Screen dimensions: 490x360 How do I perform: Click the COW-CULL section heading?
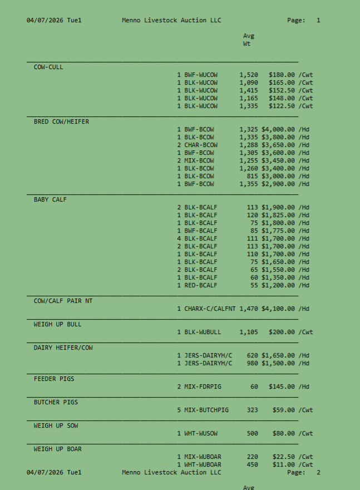tap(48, 67)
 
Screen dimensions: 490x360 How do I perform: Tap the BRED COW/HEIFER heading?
tap(61, 121)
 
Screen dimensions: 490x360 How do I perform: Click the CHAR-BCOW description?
tap(199, 145)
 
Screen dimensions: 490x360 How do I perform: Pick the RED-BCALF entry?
tap(201, 285)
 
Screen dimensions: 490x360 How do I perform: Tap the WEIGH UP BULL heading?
tap(57, 324)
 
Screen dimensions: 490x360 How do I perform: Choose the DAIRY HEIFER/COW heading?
tap(63, 347)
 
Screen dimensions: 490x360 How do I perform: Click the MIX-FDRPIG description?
tap(203, 386)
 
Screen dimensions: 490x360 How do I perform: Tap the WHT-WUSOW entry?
tap(201, 433)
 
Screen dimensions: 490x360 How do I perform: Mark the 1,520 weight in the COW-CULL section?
tap(249, 75)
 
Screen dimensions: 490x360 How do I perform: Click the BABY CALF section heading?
tap(50, 199)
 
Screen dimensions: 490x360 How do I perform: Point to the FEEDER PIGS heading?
tap(54, 379)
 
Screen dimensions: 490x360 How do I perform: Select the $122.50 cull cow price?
tap(282, 106)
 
